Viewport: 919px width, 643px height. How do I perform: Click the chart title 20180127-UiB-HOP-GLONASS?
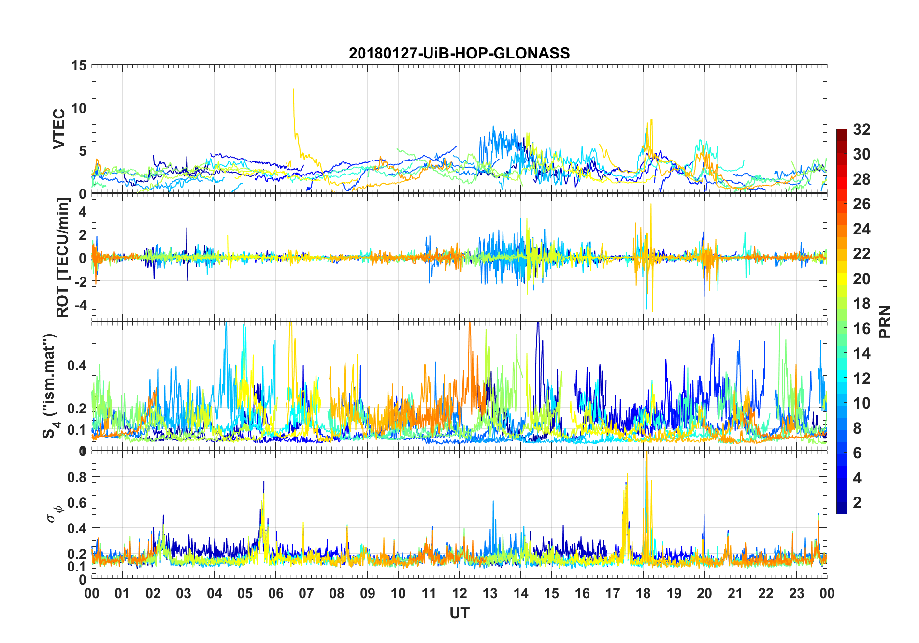coord(459,53)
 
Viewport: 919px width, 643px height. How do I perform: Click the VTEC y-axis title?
coord(59,129)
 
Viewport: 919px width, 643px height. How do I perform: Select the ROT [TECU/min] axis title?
coord(63,257)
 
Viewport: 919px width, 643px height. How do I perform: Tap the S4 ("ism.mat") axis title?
coord(50,386)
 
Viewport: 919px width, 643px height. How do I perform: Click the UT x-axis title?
coord(459,613)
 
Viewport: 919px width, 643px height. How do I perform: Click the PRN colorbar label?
coord(885,321)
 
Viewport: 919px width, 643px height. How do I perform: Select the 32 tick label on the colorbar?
coord(862,130)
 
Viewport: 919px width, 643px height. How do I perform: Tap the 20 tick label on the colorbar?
coord(862,279)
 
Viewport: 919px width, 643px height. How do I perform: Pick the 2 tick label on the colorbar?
coord(857,503)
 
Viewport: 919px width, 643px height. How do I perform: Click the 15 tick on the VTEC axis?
coord(79,65)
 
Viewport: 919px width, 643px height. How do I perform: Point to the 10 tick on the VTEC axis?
coord(79,108)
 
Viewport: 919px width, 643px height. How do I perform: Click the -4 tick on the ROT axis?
coord(80,305)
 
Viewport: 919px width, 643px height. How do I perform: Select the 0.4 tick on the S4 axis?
coord(77,365)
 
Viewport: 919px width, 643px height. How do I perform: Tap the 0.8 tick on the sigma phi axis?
coord(77,477)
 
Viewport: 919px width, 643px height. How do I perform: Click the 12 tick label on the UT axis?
coord(459,593)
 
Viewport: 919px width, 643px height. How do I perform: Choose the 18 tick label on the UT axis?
coord(643,593)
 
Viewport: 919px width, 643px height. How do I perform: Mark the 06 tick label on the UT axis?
coord(275,593)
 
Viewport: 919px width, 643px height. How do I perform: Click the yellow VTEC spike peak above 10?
coord(293,89)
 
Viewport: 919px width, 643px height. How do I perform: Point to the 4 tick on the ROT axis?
coord(83,211)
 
